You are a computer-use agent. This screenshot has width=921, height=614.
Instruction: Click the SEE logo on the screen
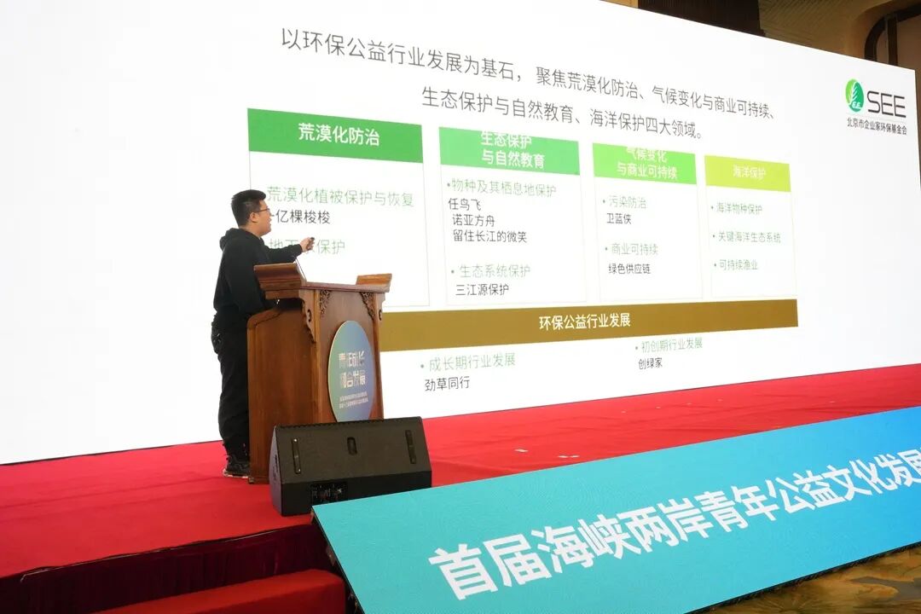(x=875, y=100)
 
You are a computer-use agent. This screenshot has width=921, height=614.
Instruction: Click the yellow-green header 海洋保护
(x=748, y=172)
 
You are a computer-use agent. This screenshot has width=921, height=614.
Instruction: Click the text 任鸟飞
(x=465, y=205)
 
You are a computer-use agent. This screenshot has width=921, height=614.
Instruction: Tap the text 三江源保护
(x=482, y=289)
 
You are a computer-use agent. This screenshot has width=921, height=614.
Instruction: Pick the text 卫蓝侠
(x=618, y=218)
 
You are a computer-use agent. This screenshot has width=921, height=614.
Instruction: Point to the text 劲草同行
(x=447, y=383)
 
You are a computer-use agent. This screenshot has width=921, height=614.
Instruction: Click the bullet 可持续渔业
(x=737, y=265)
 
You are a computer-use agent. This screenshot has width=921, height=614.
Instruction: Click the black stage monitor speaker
(x=350, y=464)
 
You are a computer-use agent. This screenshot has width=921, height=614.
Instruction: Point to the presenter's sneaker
(x=236, y=466)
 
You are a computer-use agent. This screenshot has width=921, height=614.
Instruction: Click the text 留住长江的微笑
(x=491, y=236)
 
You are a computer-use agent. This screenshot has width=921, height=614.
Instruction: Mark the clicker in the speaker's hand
(x=310, y=241)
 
